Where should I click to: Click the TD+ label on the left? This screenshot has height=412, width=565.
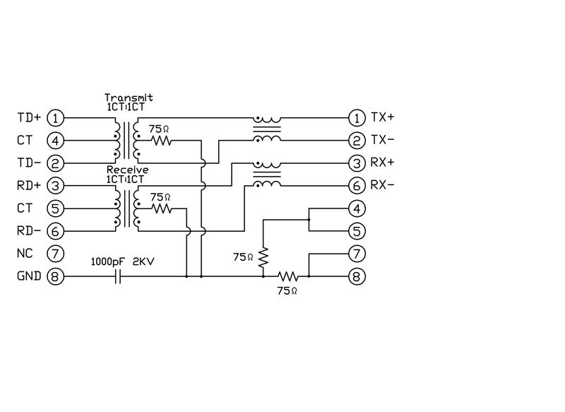29,117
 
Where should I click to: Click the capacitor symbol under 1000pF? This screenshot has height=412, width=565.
119,276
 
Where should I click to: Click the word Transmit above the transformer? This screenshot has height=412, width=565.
129,98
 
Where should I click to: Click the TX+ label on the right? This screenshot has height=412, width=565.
383,117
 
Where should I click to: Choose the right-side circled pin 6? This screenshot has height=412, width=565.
358,186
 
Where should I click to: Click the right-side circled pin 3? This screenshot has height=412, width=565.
358,163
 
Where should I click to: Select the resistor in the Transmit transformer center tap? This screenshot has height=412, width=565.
162,140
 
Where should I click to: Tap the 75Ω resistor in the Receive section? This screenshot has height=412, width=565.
162,208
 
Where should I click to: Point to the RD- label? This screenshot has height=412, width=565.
29,230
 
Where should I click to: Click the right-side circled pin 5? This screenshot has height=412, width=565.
358,231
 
